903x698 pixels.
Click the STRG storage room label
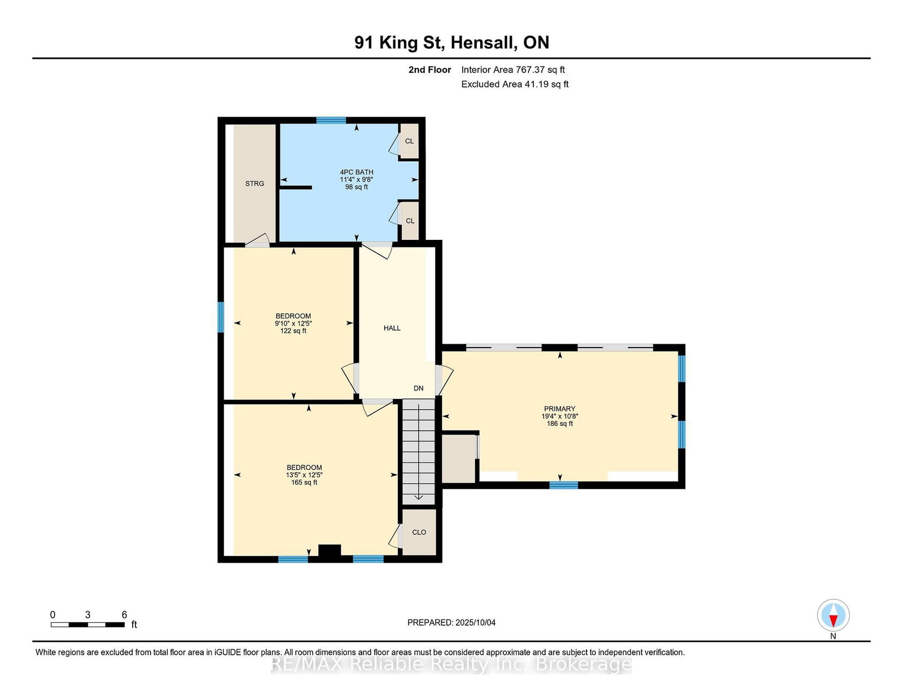point(255,183)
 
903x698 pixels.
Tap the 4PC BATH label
point(357,172)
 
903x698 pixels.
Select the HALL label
point(392,328)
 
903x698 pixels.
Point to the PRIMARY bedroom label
point(559,409)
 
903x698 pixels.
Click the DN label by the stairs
point(418,388)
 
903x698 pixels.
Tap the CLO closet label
point(419,532)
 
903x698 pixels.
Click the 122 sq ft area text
point(293,331)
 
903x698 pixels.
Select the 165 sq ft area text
point(304,482)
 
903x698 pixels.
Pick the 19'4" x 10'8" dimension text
point(559,416)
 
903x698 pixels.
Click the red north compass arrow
point(833,621)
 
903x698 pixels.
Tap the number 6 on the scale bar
point(124,614)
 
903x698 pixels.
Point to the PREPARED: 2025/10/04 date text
point(451,622)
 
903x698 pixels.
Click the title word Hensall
point(484,42)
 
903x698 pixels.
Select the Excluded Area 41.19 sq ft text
point(515,84)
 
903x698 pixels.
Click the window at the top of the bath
point(331,121)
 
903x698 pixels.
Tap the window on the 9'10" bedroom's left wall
point(221,317)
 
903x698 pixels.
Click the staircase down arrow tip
point(418,499)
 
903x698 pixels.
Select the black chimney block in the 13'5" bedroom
point(330,551)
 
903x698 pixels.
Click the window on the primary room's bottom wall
point(563,485)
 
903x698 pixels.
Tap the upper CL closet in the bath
point(409,141)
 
